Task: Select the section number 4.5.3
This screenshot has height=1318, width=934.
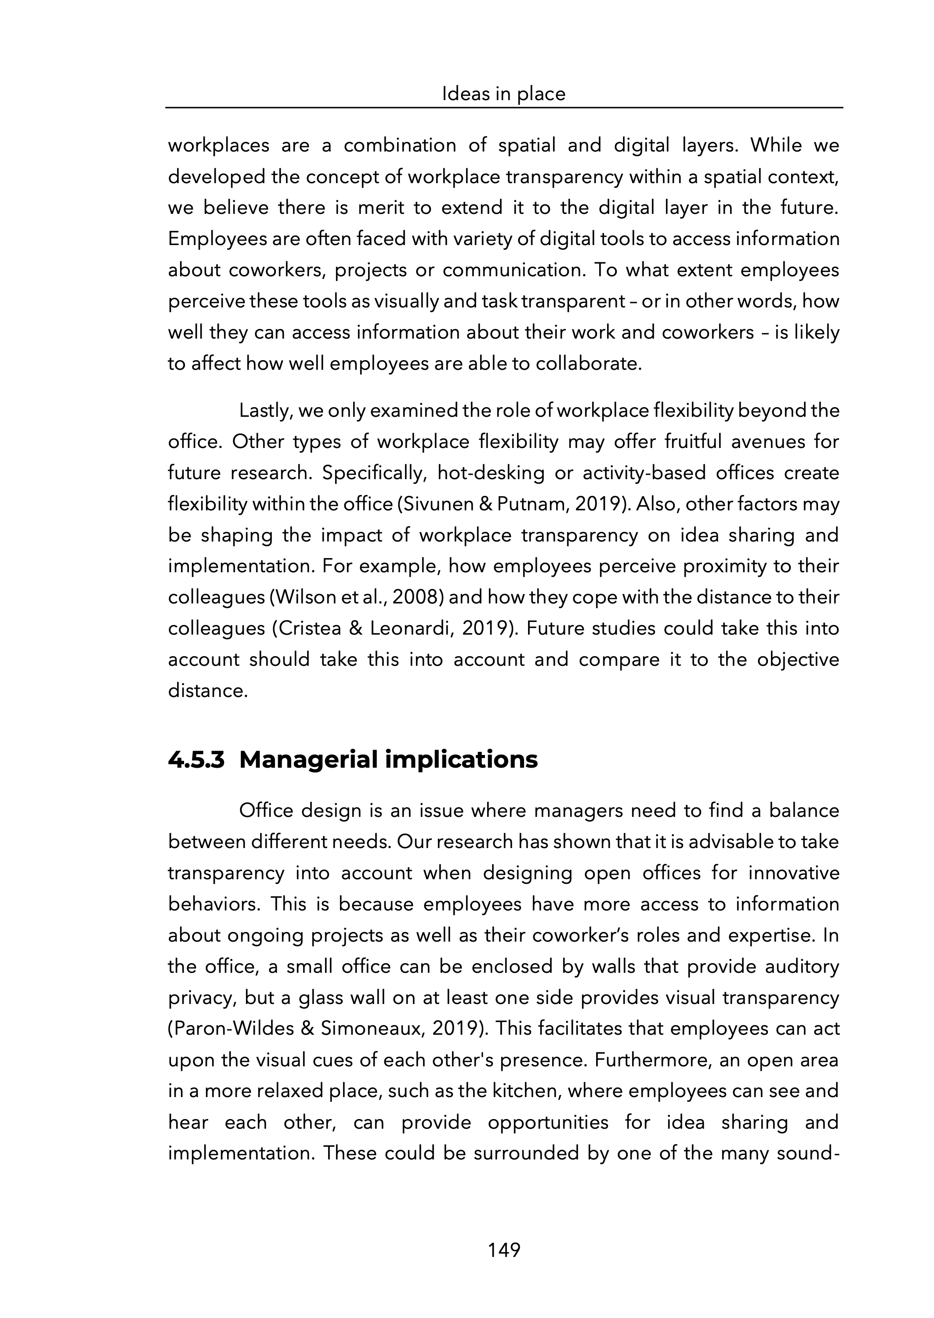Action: (x=195, y=759)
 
